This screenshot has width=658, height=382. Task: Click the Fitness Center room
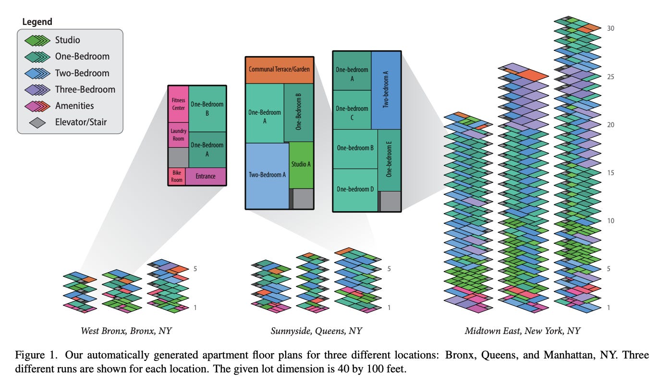(178, 104)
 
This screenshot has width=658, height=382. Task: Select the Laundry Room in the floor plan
(178, 135)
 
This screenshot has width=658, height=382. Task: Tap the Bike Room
(176, 177)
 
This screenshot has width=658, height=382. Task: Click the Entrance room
(206, 177)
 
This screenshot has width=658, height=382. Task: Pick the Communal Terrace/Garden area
(279, 70)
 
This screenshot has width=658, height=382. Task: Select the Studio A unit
(301, 165)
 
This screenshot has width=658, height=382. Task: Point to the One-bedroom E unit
(389, 160)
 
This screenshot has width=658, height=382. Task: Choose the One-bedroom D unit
(355, 189)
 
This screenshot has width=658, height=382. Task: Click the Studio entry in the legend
(67, 40)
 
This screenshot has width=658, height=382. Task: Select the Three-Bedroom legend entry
(85, 89)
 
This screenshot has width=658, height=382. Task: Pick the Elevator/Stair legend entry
(81, 122)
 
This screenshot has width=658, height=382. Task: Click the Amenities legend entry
(74, 106)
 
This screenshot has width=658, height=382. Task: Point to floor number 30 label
(610, 28)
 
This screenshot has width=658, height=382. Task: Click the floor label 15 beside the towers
(610, 173)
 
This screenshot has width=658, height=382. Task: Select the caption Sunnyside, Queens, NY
(316, 331)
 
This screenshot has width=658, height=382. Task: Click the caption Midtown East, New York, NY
(522, 331)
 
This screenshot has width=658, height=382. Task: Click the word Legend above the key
(37, 22)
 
